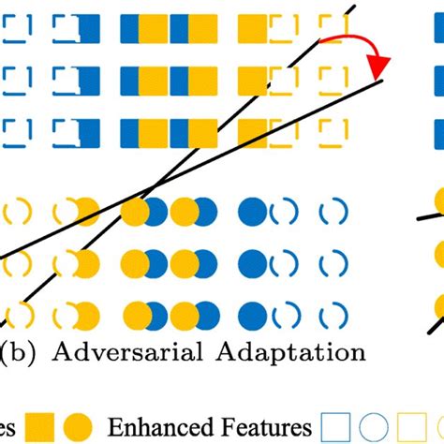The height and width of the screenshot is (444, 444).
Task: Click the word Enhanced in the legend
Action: coord(163,427)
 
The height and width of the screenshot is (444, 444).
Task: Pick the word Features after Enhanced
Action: coord(263,427)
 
